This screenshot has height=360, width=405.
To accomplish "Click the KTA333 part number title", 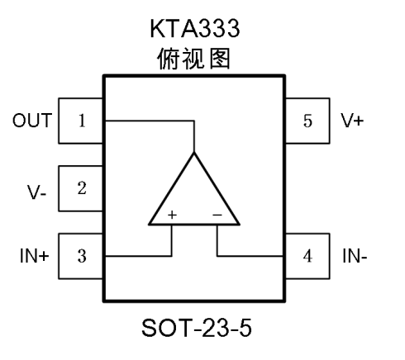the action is point(195,28).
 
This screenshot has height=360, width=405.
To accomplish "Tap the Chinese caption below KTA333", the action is point(193,59).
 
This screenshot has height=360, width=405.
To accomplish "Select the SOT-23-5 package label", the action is point(197,328).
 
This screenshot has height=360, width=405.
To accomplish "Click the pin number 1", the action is point(82,121).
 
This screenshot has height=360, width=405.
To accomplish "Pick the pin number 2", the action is point(82,188).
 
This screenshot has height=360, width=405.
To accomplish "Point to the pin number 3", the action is point(82,256).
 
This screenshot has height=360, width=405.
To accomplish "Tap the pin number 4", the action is point(307,256).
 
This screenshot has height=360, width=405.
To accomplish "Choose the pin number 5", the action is point(307,121).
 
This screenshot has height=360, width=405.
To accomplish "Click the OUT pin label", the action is point(32,121).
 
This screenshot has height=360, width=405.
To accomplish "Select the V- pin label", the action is point(36,192).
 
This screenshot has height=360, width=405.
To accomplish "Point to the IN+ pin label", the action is point(35,256).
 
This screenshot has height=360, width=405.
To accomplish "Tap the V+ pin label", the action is point(352,121).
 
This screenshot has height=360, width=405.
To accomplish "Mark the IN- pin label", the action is point(355,256).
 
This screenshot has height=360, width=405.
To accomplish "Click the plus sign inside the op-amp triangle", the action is point(172,215).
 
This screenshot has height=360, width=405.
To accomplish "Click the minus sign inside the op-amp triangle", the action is point(217,215).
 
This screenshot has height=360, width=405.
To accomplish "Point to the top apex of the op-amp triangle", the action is point(194,153).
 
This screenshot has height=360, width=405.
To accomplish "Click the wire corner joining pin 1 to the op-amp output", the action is point(194,121).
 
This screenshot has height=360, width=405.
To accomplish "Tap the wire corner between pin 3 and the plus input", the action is point(172,256).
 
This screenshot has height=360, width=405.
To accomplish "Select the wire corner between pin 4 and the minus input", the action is point(217,256).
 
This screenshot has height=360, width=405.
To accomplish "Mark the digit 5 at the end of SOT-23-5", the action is point(245,328).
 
